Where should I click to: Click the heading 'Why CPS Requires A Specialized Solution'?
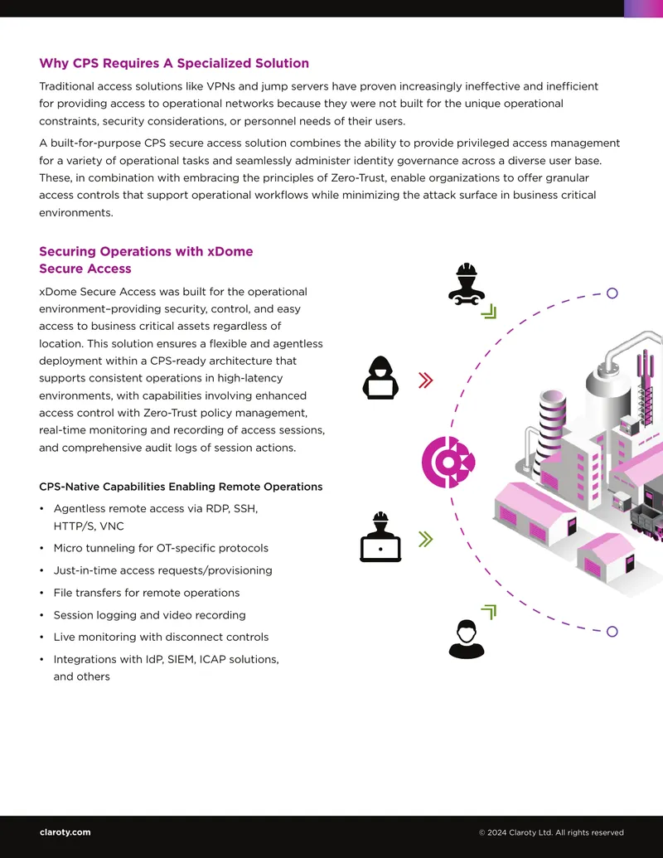point(174,64)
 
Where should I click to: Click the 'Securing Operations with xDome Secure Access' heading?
point(146,260)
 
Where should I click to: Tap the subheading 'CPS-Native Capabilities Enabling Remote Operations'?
point(181,487)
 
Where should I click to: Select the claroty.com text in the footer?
point(65,832)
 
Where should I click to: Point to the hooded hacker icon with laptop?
point(380,377)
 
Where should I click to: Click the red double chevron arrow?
point(426,381)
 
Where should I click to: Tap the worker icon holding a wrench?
point(467,284)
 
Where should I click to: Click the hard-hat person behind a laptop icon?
point(380,537)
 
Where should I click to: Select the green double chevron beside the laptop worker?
point(426,539)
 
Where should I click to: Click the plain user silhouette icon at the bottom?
point(467,639)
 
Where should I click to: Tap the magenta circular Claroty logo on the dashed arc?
point(448,463)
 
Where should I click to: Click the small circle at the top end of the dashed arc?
point(612,293)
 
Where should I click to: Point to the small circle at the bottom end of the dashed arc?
point(612,632)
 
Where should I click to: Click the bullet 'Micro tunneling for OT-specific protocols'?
point(161,548)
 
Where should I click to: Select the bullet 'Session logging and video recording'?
point(149,615)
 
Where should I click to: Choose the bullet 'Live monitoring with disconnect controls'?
point(161,637)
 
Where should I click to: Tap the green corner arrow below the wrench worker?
point(488,312)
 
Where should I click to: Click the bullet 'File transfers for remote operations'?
point(147,593)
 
